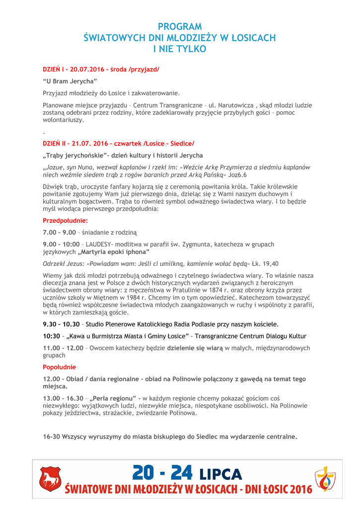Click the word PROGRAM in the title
click(x=180, y=27)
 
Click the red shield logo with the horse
click(x=50, y=479)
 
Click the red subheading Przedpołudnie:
click(x=66, y=220)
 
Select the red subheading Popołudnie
click(x=60, y=367)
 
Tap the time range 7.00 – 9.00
click(x=60, y=232)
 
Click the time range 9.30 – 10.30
click(x=62, y=324)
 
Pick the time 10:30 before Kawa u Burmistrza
click(x=52, y=336)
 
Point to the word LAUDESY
click(x=98, y=244)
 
